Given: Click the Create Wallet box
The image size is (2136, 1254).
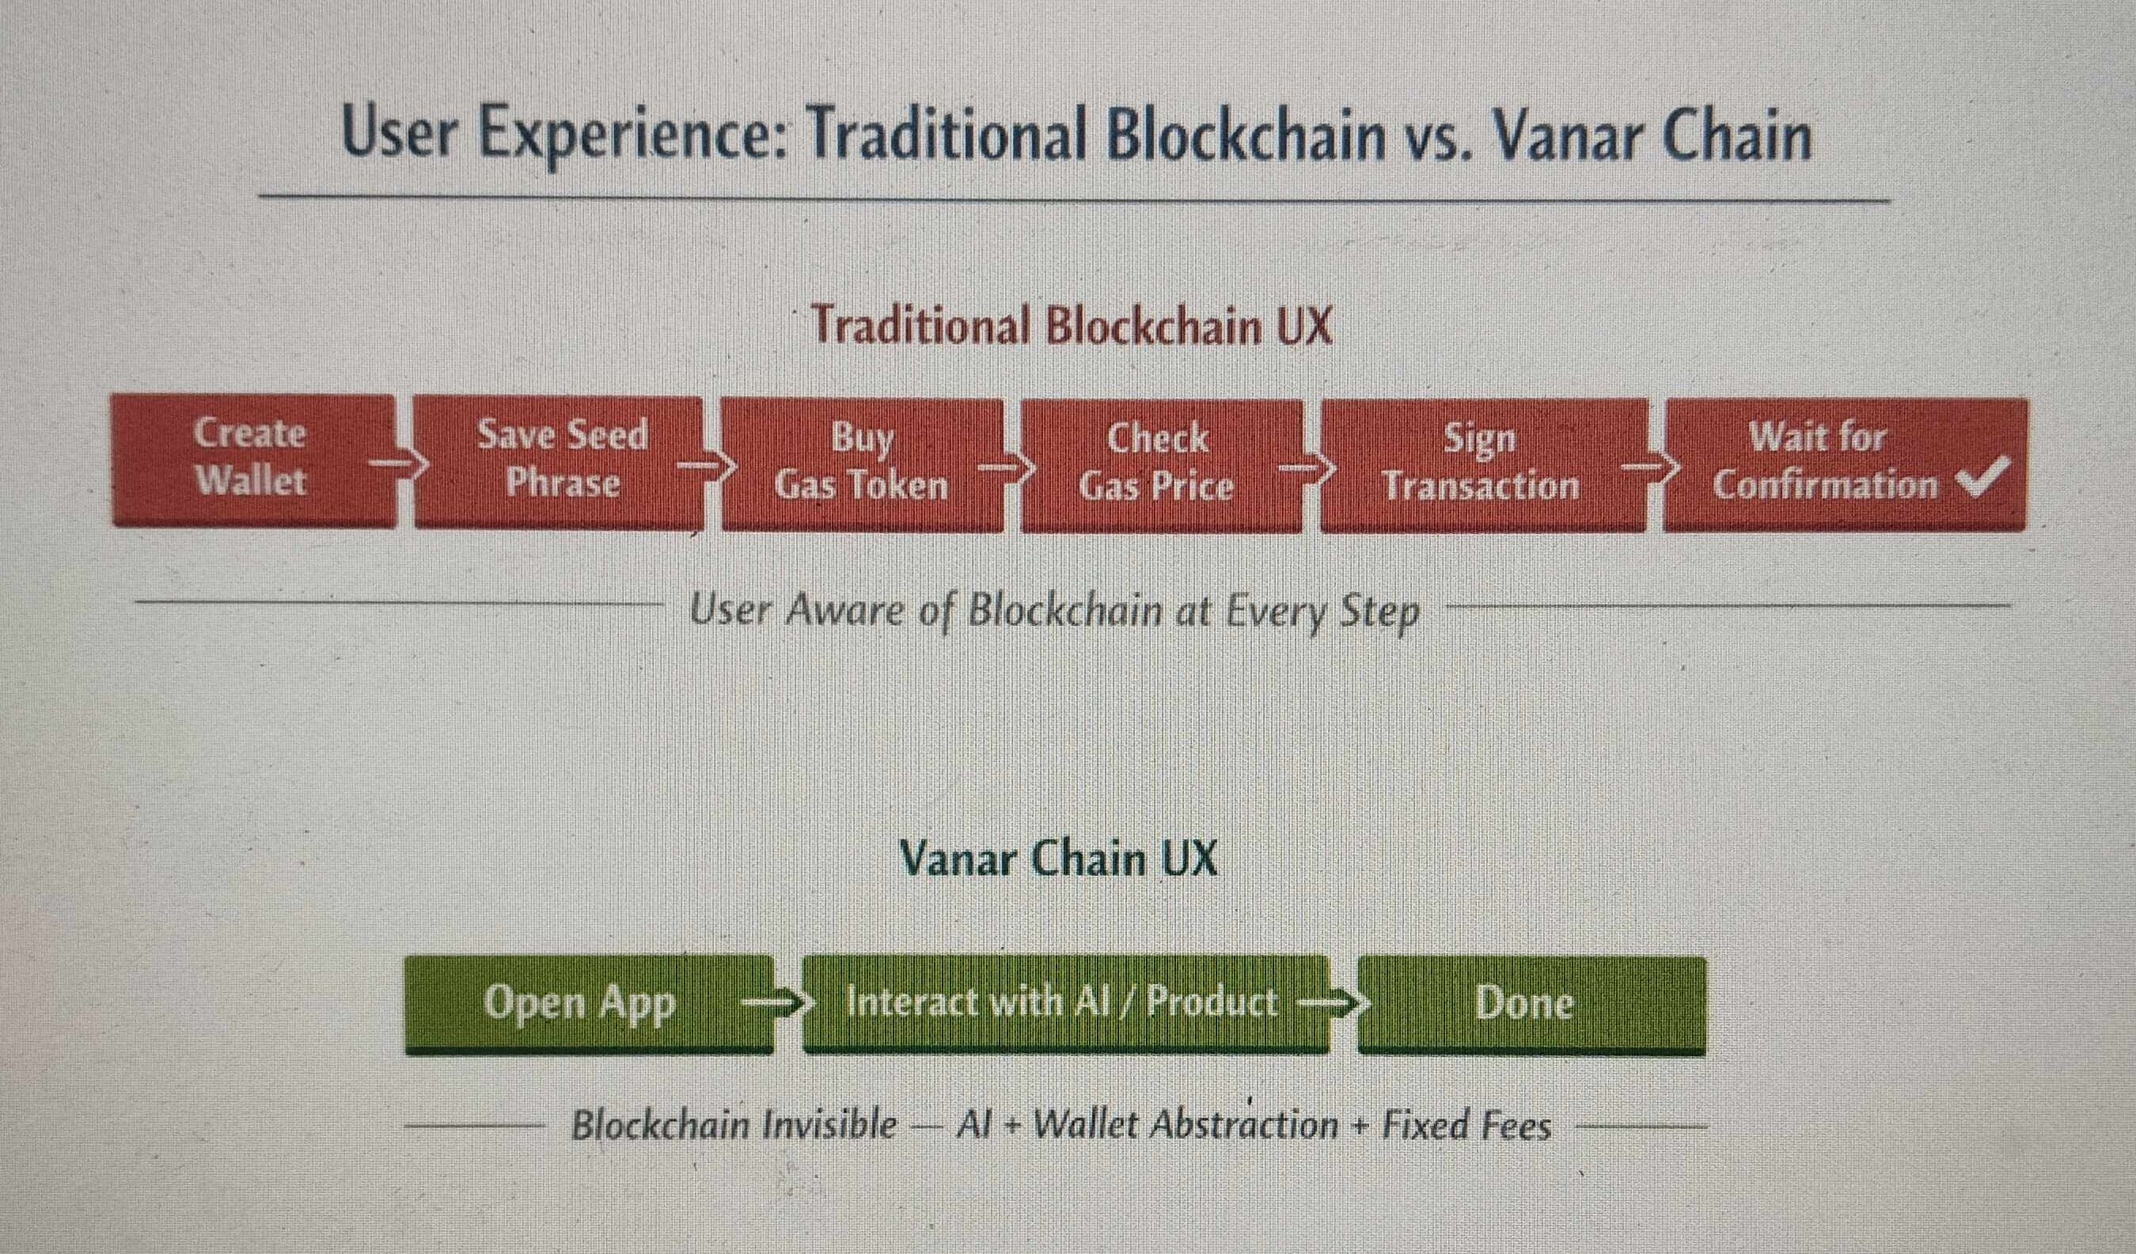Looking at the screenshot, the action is click(x=253, y=460).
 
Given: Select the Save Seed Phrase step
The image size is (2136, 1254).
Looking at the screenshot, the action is click(x=559, y=462).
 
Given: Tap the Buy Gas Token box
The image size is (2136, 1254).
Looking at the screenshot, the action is click(x=862, y=464).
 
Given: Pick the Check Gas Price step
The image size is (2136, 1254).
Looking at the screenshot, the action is click(x=1162, y=465).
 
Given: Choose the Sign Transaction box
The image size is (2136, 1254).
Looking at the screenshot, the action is click(x=1484, y=465).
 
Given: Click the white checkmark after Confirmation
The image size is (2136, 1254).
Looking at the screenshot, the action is click(x=1983, y=481).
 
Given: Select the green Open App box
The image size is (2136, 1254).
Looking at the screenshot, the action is click(x=589, y=1004).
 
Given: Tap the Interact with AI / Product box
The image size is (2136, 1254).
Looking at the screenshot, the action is click(x=1065, y=1004).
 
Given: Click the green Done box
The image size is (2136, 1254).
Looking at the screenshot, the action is click(x=1531, y=1005).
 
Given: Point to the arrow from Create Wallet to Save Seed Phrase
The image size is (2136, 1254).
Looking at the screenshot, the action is click(x=395, y=463).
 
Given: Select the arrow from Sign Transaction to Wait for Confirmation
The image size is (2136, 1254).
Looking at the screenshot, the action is click(x=1648, y=466).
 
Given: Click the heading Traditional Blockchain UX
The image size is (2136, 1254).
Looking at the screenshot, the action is click(x=1072, y=324).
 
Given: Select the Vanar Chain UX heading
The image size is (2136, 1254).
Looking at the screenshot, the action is click(x=1058, y=858).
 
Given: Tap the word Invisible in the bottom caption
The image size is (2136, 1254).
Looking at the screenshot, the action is click(x=829, y=1125).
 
